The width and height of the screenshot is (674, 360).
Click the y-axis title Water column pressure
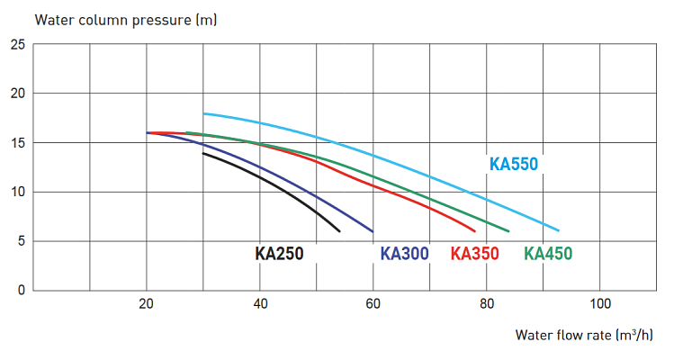click(112, 18)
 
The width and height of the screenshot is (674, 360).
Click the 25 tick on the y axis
click(17, 44)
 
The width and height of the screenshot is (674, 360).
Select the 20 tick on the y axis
click(17, 94)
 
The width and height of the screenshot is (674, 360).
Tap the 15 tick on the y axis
click(17, 142)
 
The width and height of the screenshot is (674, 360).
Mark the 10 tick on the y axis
click(17, 192)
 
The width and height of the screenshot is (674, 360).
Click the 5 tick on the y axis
click(21, 241)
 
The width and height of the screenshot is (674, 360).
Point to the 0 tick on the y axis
click(21, 290)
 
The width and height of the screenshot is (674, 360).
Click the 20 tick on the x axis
click(147, 304)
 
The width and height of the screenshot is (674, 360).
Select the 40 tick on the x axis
click(260, 304)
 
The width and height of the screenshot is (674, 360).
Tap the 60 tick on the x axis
click(373, 304)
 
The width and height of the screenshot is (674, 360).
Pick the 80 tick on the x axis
click(487, 304)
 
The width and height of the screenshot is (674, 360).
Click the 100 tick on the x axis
click(600, 304)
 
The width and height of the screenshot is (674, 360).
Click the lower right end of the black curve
click(339, 231)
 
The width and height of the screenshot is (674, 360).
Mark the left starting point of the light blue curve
click(204, 113)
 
